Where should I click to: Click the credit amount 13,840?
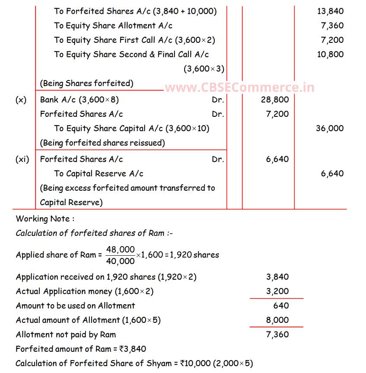pyautogui.click(x=330, y=11)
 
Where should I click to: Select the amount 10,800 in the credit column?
pyautogui.click(x=330, y=54)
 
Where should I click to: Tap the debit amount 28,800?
pyautogui.click(x=275, y=100)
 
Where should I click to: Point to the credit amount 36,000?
pyautogui.click(x=330, y=128)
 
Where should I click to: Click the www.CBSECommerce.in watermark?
pyautogui.click(x=239, y=88)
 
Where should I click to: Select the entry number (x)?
pyautogui.click(x=21, y=100)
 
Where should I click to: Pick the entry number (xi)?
pyautogui.click(x=22, y=159)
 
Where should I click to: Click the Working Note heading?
pyautogui.click(x=45, y=219)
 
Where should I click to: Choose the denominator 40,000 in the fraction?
pyautogui.click(x=120, y=260)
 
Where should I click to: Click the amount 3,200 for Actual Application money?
pyautogui.click(x=277, y=291)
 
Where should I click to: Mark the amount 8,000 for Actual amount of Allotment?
pyautogui.click(x=277, y=320)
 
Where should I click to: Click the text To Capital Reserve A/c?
pyautogui.click(x=99, y=174)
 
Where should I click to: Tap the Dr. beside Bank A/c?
pyautogui.click(x=218, y=100)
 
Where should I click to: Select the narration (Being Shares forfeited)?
pyautogui.click(x=86, y=83)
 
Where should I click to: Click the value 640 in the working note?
pyautogui.click(x=281, y=305)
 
